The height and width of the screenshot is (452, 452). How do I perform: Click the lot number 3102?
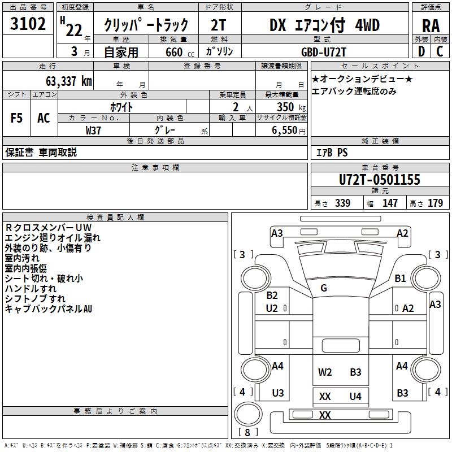tap(28, 24)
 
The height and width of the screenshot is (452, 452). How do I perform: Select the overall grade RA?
tap(431, 26)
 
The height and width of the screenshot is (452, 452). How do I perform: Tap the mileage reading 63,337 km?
tap(69, 81)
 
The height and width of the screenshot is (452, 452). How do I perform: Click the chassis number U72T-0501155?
tap(380, 180)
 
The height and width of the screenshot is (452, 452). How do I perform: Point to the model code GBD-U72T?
tap(323, 52)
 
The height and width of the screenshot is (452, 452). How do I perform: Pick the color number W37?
tap(93, 131)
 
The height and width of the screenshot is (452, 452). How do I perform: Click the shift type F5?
tap(16, 118)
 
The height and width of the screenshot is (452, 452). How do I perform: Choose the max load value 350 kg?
tap(291, 107)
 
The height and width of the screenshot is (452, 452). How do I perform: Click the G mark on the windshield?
tap(324, 288)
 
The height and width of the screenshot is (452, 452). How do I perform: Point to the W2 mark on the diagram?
tap(325, 372)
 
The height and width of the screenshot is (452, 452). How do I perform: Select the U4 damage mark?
tap(355, 397)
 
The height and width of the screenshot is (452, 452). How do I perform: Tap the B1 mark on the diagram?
tap(400, 278)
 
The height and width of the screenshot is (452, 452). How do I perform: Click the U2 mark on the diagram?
tap(272, 308)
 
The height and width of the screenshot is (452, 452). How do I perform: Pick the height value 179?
tap(435, 203)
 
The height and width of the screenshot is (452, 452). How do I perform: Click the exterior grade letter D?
tap(421, 51)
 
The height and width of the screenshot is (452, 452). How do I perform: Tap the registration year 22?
tap(74, 30)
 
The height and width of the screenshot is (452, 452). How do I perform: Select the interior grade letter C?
tap(440, 51)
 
